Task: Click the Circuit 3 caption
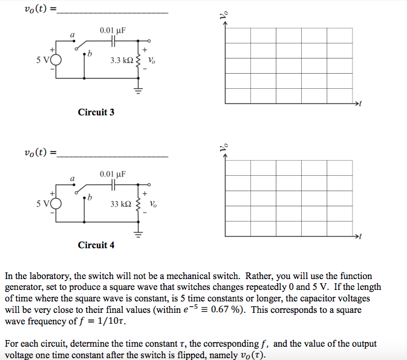click(96, 112)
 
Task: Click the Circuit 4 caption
click(96, 245)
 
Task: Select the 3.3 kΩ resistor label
click(122, 60)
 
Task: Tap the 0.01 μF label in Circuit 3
click(112, 30)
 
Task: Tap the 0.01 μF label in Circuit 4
click(112, 174)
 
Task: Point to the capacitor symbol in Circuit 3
click(113, 42)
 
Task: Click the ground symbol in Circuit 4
click(137, 234)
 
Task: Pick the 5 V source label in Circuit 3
click(42, 60)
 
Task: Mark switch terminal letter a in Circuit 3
click(73, 36)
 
